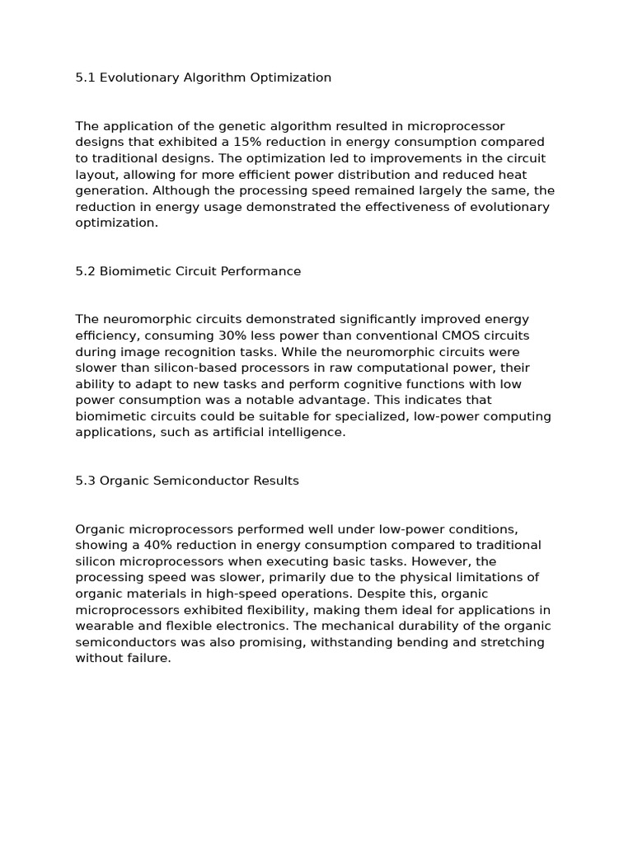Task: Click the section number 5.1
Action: pyautogui.click(x=85, y=77)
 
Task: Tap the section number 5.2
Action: pyautogui.click(x=85, y=271)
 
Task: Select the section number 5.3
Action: pyautogui.click(x=85, y=481)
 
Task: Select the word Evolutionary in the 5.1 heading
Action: pyautogui.click(x=138, y=77)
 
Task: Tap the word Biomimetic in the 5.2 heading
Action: pyautogui.click(x=132, y=271)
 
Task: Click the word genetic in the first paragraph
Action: pyautogui.click(x=237, y=126)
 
